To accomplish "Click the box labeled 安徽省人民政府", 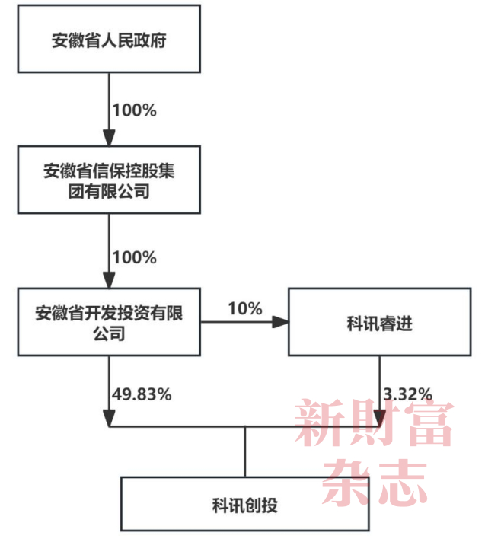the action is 109,40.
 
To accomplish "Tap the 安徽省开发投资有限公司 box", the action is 109,322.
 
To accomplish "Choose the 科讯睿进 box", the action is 378,322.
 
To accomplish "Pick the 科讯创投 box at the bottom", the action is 245,503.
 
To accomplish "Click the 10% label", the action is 244,309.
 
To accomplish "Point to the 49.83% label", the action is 142,394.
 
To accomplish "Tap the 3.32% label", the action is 408,394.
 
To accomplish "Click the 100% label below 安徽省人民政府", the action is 134,110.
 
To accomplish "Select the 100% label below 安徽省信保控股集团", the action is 134,257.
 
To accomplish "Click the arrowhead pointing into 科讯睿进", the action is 282,323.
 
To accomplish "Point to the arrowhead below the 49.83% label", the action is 109,418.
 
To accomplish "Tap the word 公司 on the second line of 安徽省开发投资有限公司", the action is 109,333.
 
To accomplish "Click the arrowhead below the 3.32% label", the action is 379,418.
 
